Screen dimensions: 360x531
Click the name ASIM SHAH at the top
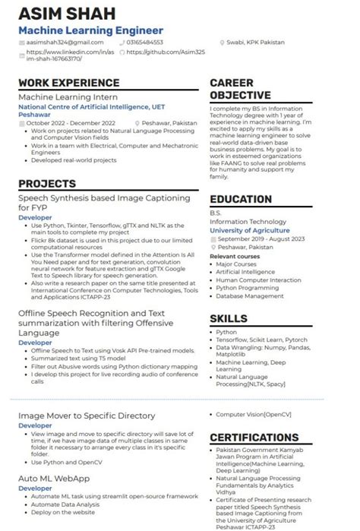(x=68, y=14)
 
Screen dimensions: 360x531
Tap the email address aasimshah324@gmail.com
(x=65, y=42)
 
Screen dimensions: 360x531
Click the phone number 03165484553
(x=144, y=42)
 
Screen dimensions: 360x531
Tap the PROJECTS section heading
(x=47, y=184)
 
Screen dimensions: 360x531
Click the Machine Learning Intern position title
(x=68, y=97)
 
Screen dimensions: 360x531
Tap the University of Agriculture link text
(x=249, y=230)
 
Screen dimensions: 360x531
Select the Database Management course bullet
(x=250, y=296)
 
